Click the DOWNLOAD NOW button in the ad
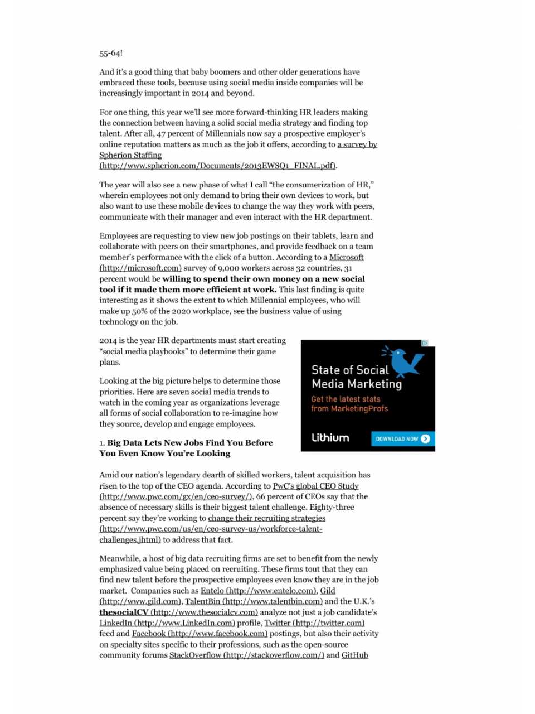pos(402,439)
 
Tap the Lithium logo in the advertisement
pos(330,438)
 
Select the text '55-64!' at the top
pos(111,53)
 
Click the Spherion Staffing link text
pos(130,155)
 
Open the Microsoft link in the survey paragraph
pos(346,257)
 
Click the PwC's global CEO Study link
pos(315,486)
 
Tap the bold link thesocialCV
pos(124,612)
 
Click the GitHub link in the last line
pos(354,655)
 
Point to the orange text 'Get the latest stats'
pos(346,399)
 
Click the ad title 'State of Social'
pos(350,370)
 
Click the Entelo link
pos(212,590)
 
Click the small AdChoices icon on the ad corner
pos(424,343)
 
